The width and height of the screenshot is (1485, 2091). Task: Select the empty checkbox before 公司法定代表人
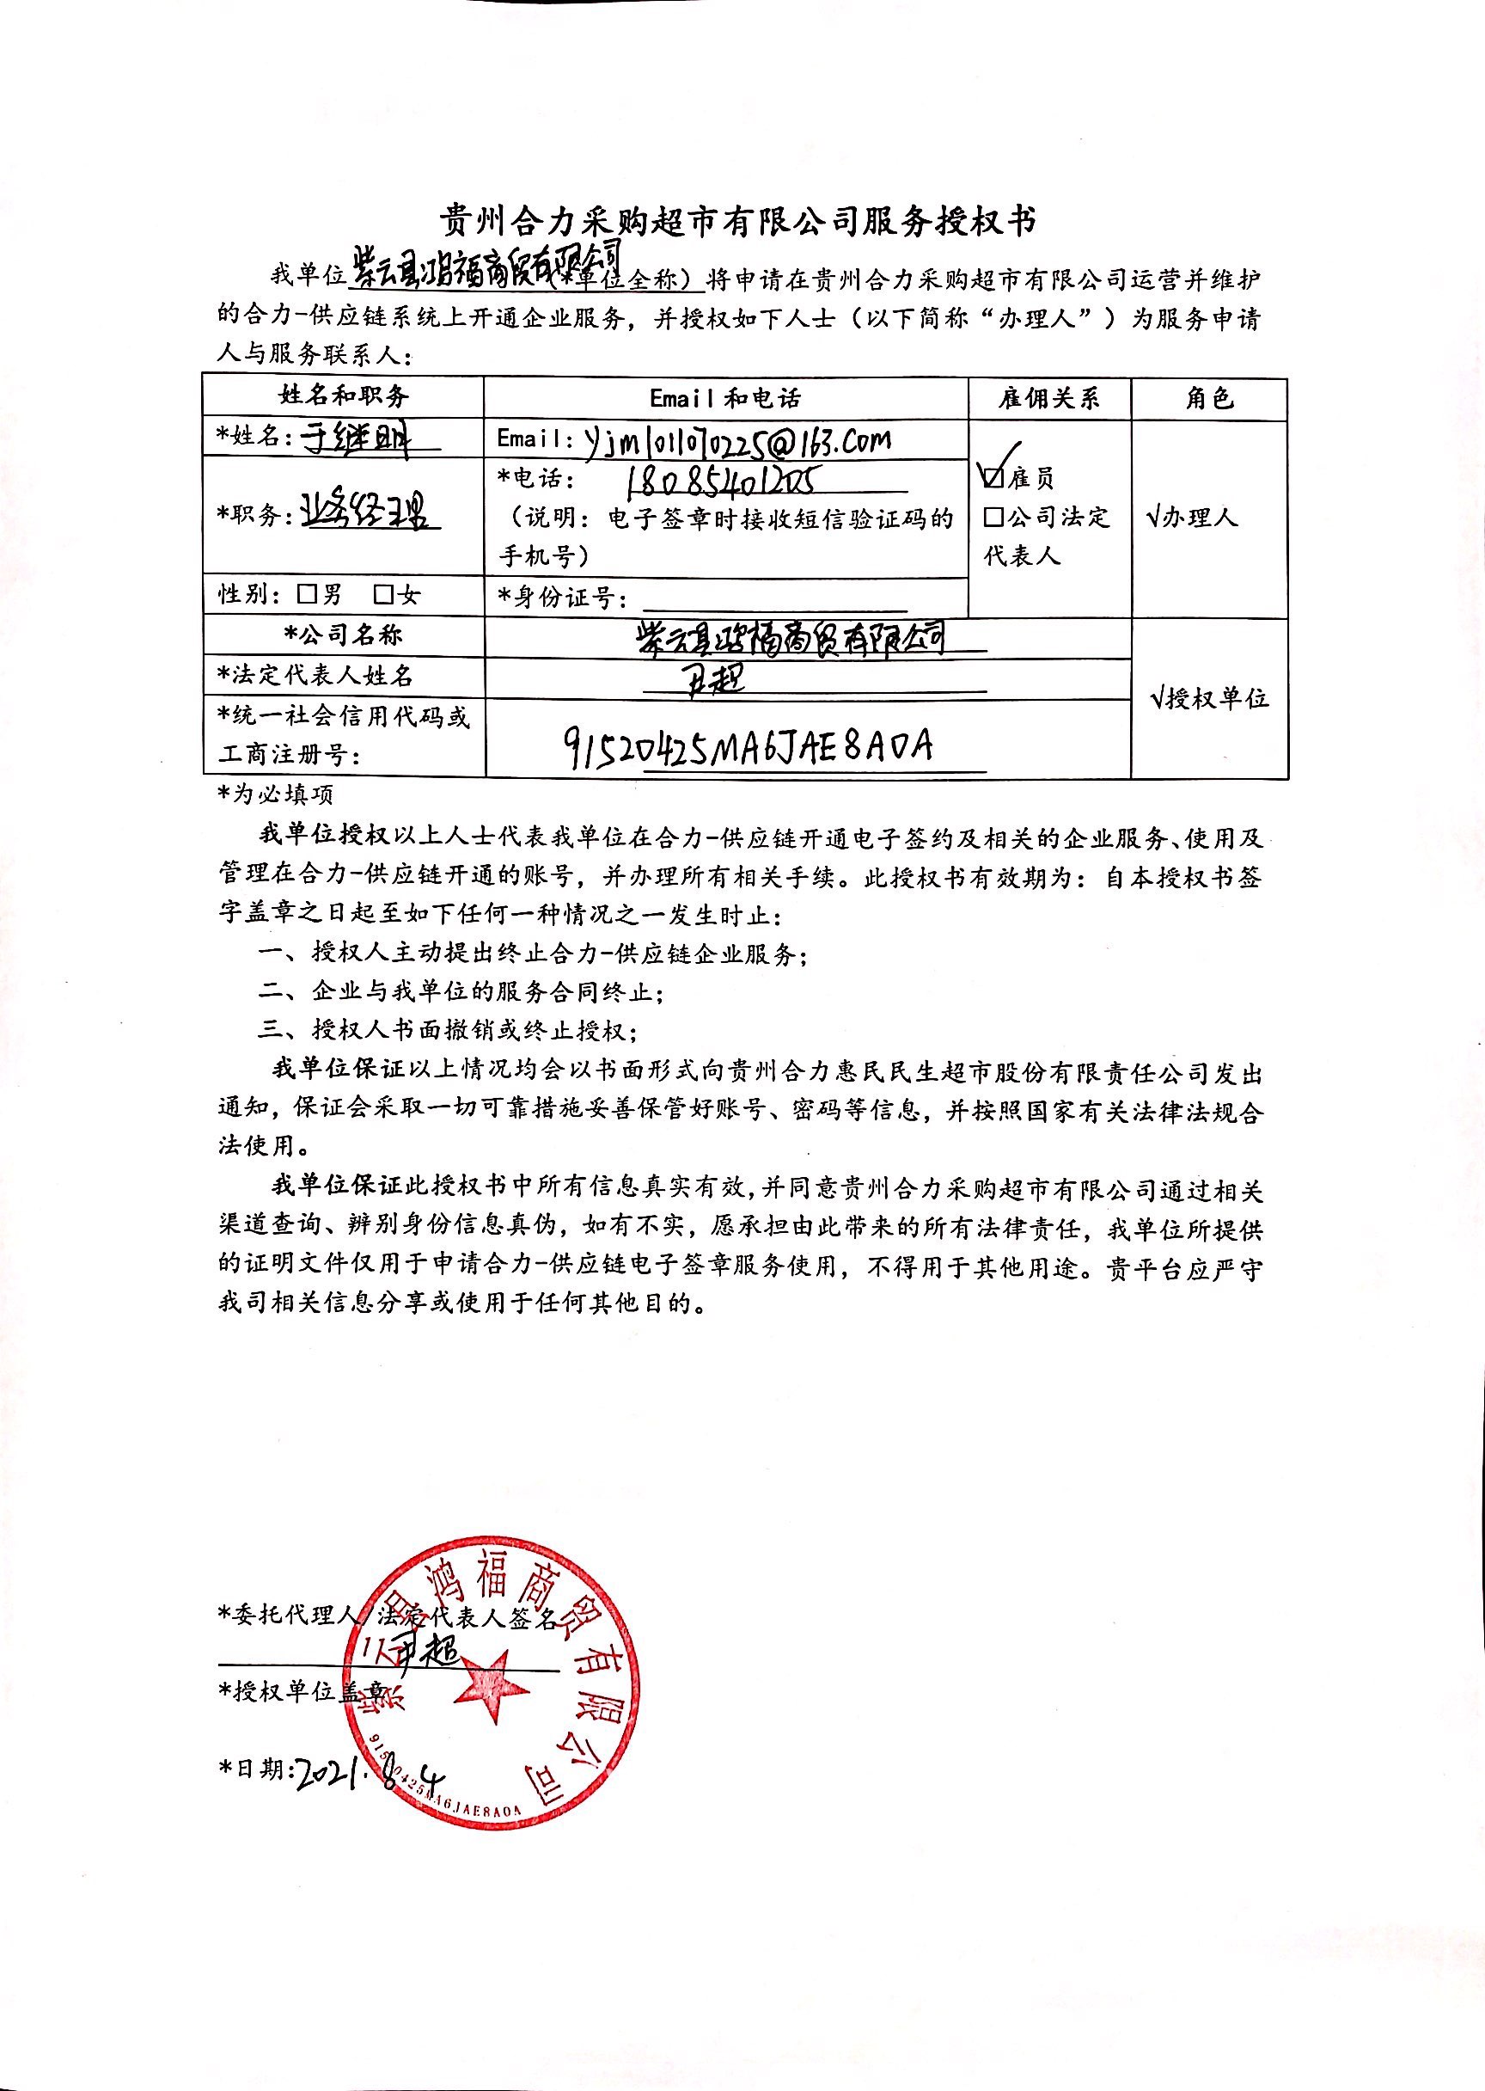click(994, 518)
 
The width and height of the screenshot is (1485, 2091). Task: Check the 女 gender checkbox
click(384, 595)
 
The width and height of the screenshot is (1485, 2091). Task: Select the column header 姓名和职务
click(344, 396)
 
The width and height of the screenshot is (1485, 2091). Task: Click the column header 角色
click(1209, 398)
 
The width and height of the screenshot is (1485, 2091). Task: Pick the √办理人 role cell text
click(1193, 518)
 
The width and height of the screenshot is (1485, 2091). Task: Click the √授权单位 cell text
click(1209, 699)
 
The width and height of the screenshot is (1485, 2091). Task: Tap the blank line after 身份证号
click(774, 600)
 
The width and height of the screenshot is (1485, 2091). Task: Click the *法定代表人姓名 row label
click(315, 676)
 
